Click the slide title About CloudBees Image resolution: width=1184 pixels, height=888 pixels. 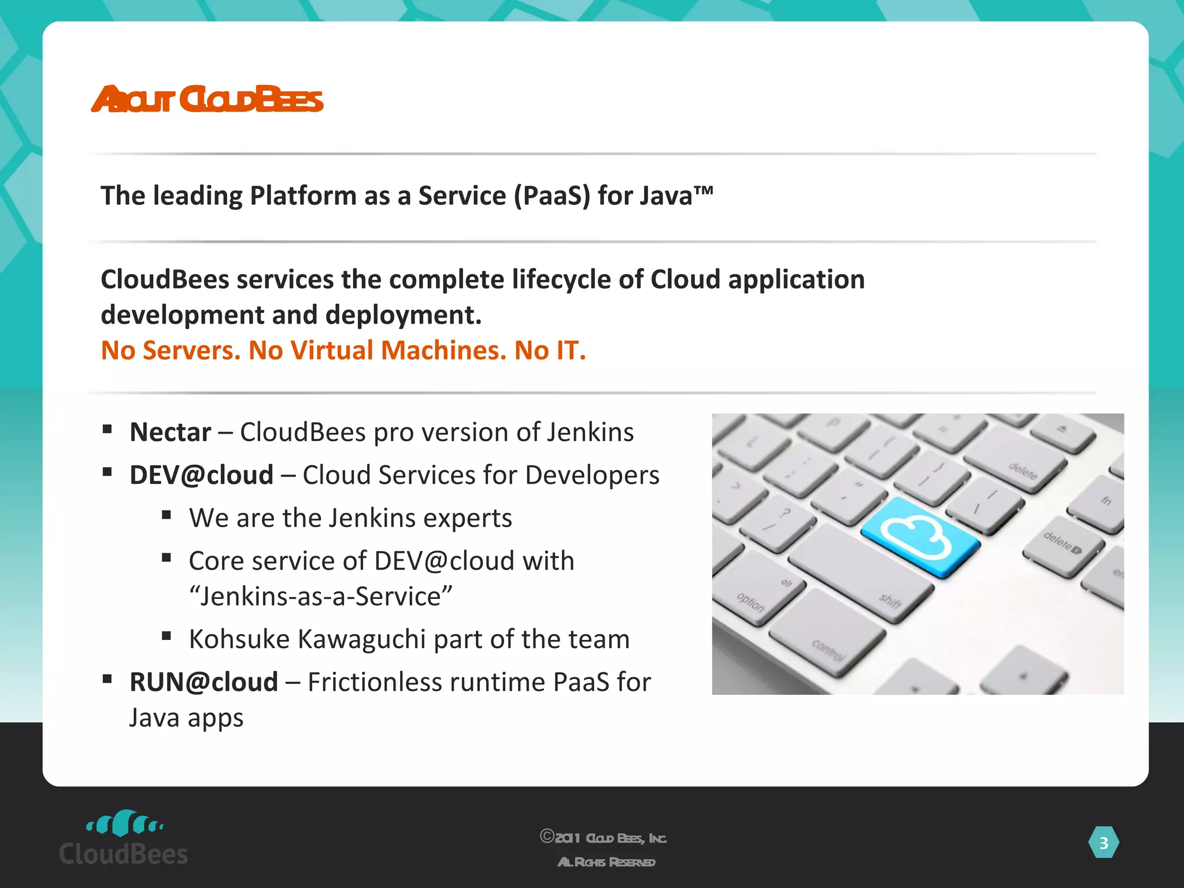(x=207, y=99)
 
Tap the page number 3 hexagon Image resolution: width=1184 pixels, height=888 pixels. (x=1103, y=843)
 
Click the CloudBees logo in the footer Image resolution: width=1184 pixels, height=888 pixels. (x=124, y=838)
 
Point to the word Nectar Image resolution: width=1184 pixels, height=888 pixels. (x=171, y=432)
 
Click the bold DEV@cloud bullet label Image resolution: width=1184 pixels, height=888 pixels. (x=201, y=475)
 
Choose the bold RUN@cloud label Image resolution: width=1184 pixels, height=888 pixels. (x=203, y=682)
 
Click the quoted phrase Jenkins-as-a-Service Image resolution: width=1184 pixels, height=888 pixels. (x=321, y=597)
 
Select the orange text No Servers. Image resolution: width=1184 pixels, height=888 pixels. (x=171, y=350)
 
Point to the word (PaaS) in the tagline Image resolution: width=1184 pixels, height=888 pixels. (x=552, y=196)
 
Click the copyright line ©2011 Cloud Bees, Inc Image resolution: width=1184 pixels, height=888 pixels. (x=604, y=838)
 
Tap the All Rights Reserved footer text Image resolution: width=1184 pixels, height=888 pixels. (x=606, y=862)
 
